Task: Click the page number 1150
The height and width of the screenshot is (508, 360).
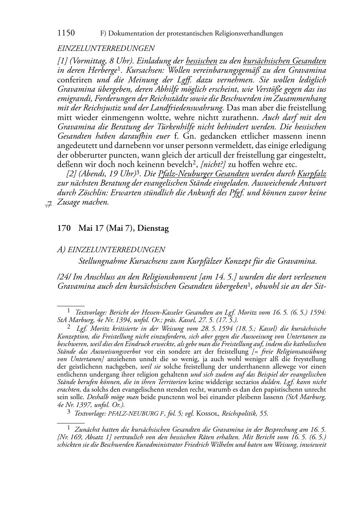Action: pos(66,33)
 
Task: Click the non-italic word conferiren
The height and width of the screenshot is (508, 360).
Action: pos(75,80)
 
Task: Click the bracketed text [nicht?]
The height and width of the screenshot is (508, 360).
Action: pos(213,164)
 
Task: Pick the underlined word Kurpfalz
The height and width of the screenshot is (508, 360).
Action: pos(312,174)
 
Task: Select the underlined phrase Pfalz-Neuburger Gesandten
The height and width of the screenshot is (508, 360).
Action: pos(203,174)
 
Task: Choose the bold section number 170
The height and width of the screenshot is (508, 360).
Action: pos(64,228)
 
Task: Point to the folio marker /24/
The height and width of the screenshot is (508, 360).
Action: pos(64,277)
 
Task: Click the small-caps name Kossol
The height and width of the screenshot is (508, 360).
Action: pos(208,413)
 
